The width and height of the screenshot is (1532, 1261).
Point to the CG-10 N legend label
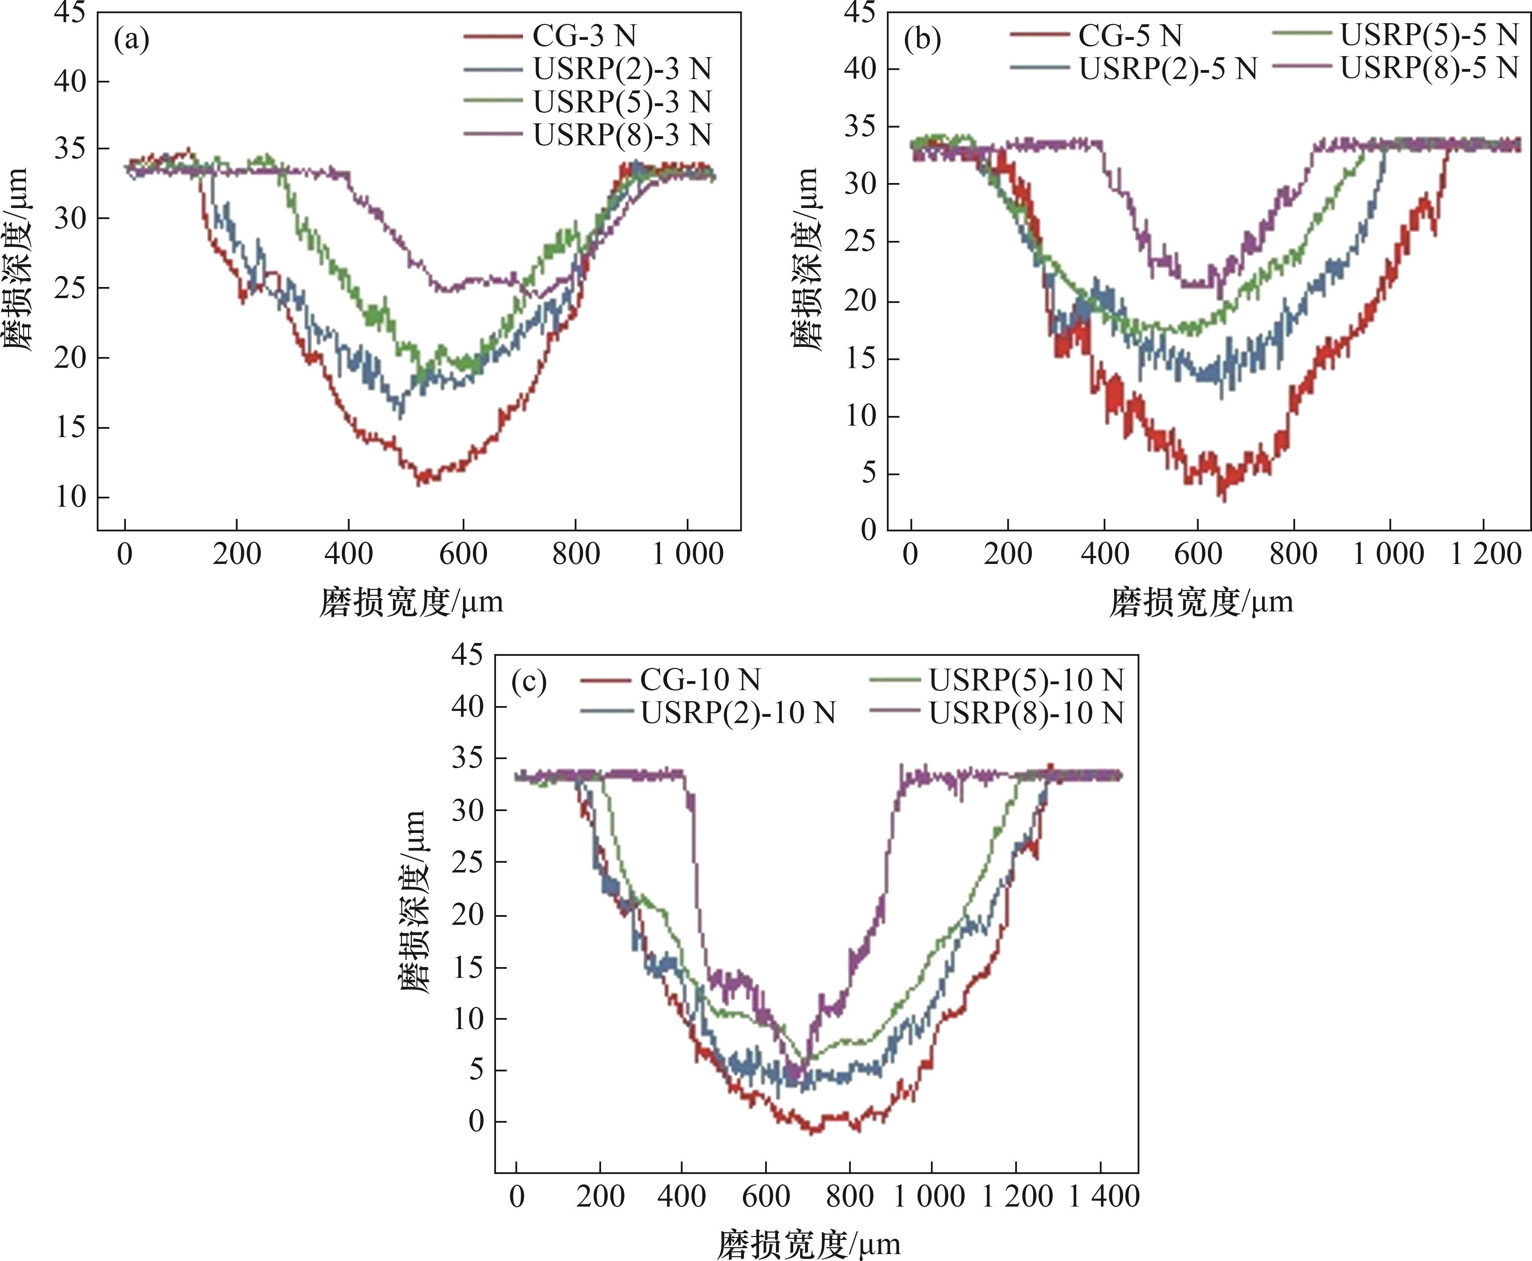click(x=699, y=680)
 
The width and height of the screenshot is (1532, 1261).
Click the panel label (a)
click(x=131, y=41)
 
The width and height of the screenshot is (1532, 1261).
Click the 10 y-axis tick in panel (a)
click(x=70, y=498)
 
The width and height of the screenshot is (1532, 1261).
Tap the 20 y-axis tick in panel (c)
click(x=467, y=914)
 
